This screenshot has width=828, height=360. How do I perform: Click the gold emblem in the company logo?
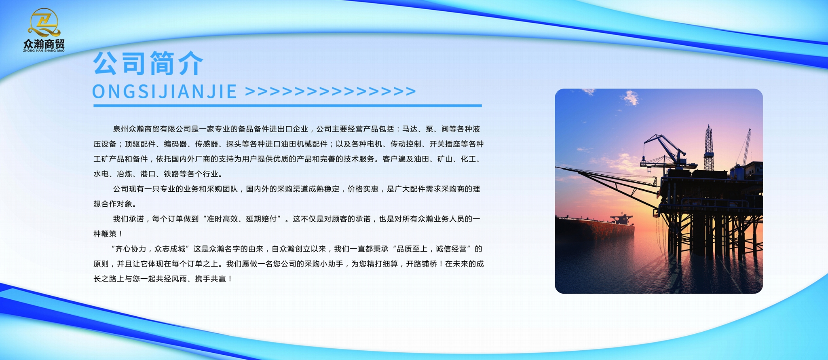(44, 23)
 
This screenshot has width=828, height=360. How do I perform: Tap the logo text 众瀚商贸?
(44, 44)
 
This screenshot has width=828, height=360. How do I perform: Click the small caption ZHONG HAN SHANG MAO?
(44, 51)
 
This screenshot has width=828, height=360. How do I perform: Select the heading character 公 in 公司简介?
(106, 63)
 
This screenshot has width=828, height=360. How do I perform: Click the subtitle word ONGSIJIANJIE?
(164, 92)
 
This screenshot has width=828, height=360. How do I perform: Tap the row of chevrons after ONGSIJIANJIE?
(330, 91)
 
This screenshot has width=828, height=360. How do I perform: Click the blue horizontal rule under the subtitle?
(287, 106)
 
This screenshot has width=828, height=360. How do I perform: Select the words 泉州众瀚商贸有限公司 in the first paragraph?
(152, 129)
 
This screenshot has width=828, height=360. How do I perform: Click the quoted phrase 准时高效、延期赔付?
(242, 219)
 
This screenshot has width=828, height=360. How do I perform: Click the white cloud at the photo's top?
(631, 97)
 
